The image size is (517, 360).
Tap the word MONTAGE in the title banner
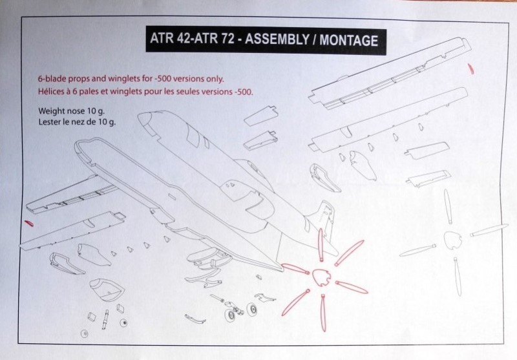click(x=348, y=41)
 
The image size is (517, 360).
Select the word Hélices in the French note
click(x=50, y=91)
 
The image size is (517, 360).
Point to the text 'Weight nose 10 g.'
click(x=72, y=111)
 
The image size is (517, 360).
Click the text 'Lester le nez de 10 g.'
click(x=77, y=122)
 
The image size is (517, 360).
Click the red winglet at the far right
click(x=471, y=69)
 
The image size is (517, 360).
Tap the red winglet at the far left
click(x=29, y=223)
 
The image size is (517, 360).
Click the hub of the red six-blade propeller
click(x=321, y=277)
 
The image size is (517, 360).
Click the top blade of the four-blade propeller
click(x=447, y=207)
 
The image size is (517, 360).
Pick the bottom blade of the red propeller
click(x=323, y=313)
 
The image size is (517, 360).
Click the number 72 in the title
click(x=227, y=39)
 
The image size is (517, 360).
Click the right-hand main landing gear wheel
click(x=252, y=309)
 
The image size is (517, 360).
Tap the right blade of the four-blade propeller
click(x=489, y=230)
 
